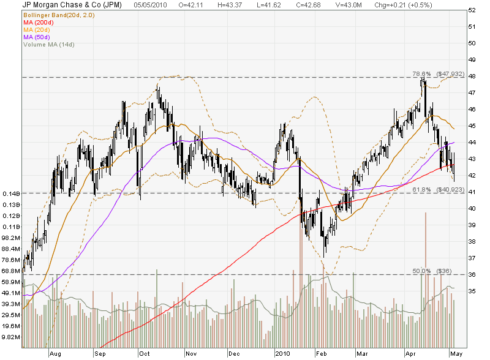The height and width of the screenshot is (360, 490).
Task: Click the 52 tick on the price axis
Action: pyautogui.click(x=472, y=10)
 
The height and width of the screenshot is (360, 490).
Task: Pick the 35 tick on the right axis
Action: pyautogui.click(x=472, y=291)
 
